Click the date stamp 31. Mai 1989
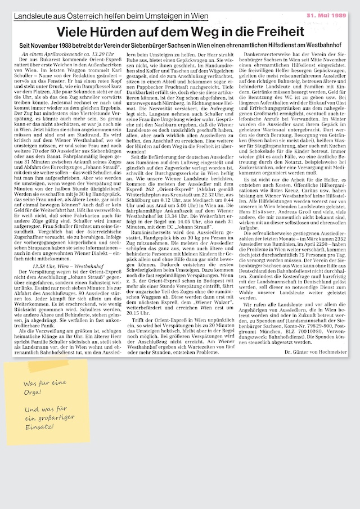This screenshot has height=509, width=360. point(326,16)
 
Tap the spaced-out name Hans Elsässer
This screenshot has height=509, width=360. point(258,226)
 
